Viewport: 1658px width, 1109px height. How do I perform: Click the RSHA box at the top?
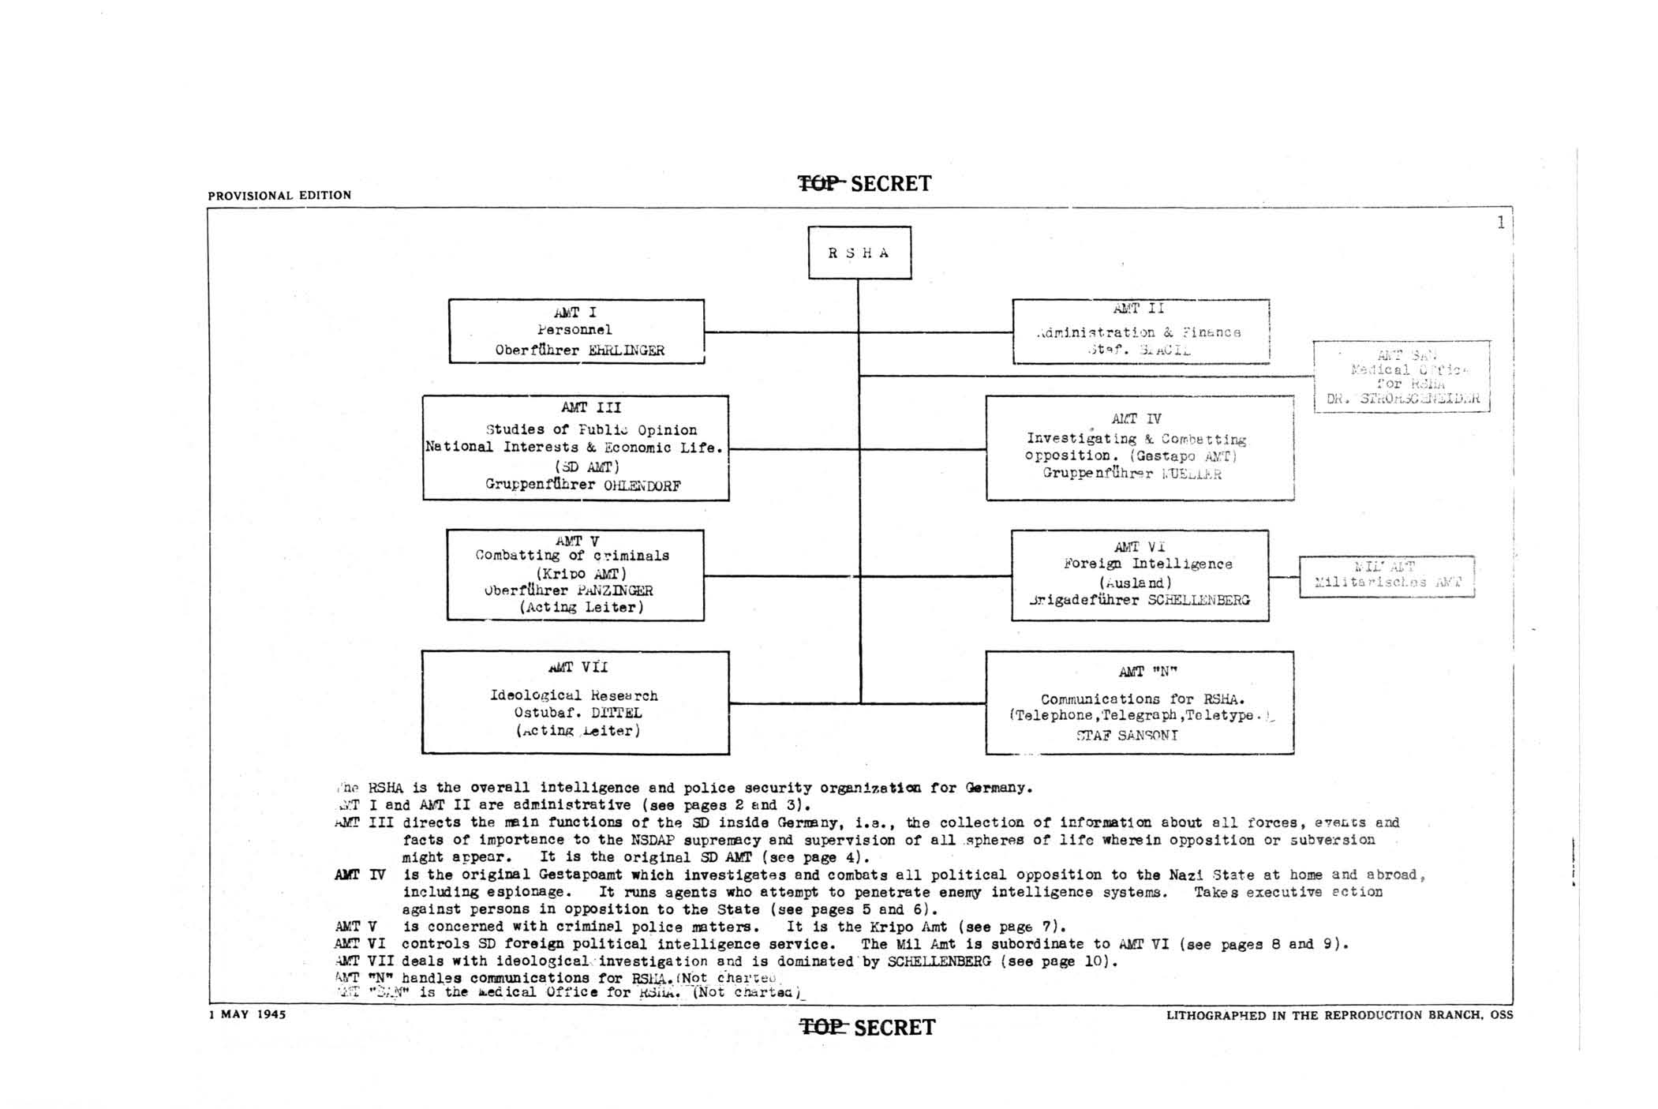(x=859, y=253)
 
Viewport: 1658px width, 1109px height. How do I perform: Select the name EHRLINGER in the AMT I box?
(x=626, y=350)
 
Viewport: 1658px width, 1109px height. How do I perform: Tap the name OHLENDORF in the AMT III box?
(x=642, y=485)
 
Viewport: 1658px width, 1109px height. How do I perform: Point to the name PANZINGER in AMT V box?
(x=615, y=590)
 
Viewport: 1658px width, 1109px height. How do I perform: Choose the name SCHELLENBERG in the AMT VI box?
(x=1198, y=600)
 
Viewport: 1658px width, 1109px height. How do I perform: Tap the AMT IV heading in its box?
(x=1136, y=419)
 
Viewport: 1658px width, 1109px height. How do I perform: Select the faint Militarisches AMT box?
(x=1387, y=576)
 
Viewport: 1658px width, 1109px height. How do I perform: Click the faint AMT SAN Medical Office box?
(x=1402, y=377)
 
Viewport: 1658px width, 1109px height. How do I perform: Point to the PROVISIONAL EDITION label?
(x=279, y=195)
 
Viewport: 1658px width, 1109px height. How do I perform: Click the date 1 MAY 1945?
(x=247, y=1014)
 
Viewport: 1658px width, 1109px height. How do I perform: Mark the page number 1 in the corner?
(x=1500, y=223)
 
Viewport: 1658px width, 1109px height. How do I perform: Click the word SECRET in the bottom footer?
(x=894, y=1028)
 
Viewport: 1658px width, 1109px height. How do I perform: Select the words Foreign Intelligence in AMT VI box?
(x=1147, y=564)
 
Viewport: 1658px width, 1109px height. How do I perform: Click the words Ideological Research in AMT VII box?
(x=574, y=695)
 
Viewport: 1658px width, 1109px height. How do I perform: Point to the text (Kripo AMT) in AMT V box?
(x=581, y=573)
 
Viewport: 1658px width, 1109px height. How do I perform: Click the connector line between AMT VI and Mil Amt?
(x=1284, y=577)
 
